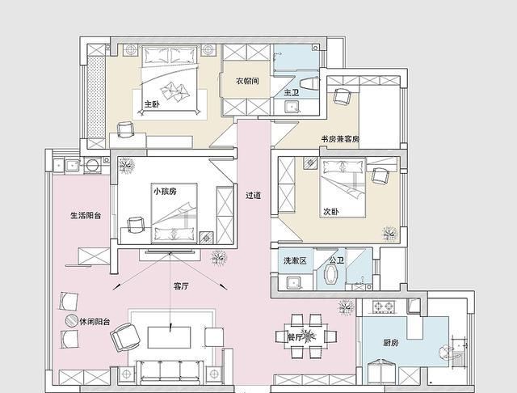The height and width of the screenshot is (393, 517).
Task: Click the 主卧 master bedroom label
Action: (x=152, y=104)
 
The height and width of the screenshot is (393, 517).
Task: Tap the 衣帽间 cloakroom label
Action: (x=247, y=81)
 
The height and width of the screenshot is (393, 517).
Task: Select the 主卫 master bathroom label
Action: (x=292, y=93)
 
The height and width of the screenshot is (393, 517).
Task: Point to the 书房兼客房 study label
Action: (x=340, y=139)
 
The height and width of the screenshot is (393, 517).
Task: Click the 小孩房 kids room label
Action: (x=165, y=191)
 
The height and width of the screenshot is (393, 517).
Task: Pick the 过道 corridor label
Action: (x=253, y=196)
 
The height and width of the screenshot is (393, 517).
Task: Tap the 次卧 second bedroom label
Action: (x=330, y=211)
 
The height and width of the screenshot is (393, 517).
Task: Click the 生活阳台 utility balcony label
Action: (x=86, y=215)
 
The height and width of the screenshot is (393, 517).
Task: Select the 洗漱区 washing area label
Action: (x=295, y=260)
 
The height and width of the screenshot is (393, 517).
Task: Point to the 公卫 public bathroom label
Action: (x=336, y=260)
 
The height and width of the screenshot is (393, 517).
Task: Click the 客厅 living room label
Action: (x=181, y=286)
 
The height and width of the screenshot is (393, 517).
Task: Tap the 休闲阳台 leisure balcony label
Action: (x=95, y=321)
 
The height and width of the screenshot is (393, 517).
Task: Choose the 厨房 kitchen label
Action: (x=391, y=343)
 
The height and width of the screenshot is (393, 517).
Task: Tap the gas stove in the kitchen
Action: (x=384, y=306)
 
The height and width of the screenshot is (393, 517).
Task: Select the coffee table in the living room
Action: (x=169, y=337)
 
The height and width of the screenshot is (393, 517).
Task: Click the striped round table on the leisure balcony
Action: (x=71, y=320)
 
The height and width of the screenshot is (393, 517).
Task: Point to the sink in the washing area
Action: (x=293, y=283)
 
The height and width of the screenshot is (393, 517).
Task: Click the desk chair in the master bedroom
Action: (x=126, y=129)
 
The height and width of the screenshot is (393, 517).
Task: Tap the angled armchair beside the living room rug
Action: (x=125, y=337)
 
